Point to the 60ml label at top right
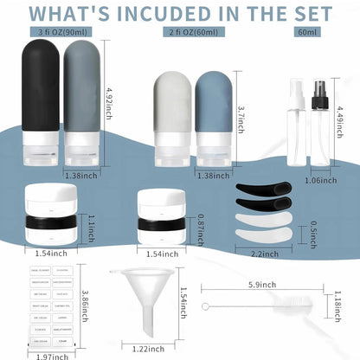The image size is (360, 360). pyautogui.click(x=307, y=32)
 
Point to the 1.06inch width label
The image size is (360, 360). pyautogui.click(x=323, y=180)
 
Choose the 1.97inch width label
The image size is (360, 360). pyautogui.click(x=42, y=356)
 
